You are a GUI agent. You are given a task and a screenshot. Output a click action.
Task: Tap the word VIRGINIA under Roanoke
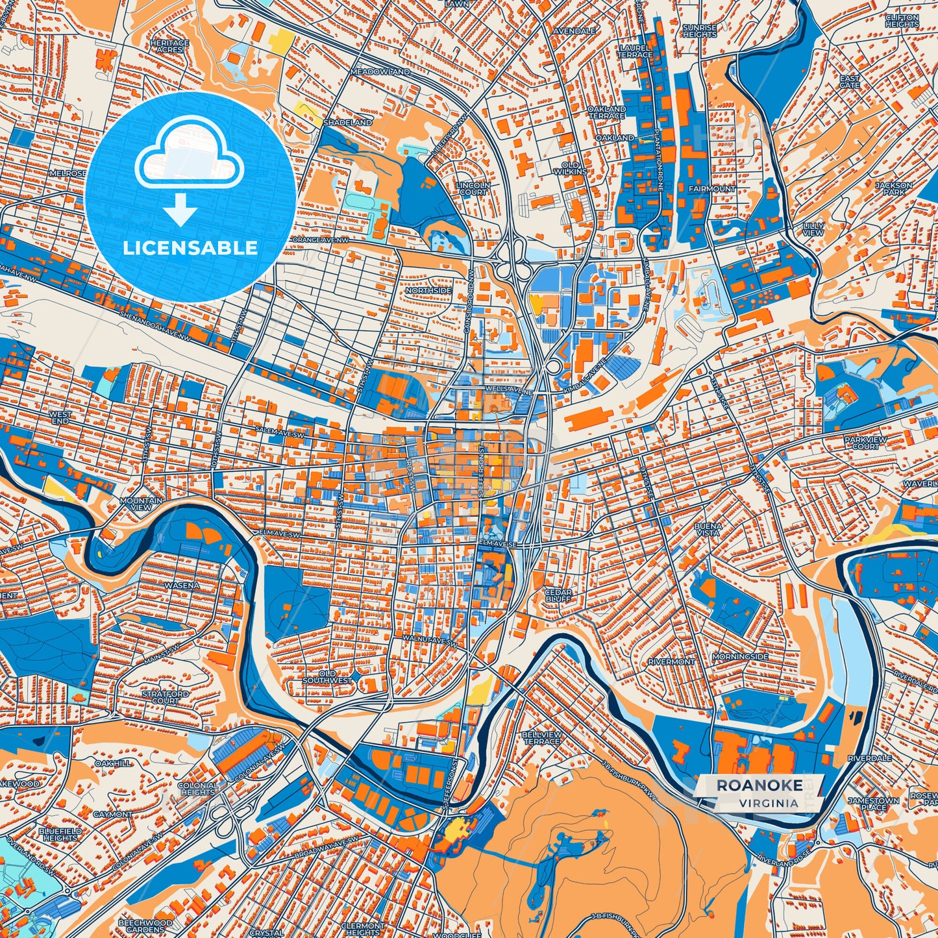pos(768,803)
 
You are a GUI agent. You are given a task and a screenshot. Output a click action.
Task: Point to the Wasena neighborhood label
pos(182,586)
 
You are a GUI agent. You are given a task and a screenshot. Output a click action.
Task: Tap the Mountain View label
pos(141,504)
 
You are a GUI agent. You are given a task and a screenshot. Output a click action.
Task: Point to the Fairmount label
pos(712,189)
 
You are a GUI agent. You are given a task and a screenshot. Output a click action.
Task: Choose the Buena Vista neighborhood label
pos(708,528)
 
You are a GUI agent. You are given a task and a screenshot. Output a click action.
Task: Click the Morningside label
pos(740,657)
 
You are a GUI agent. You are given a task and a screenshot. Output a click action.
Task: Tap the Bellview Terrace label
pos(541,737)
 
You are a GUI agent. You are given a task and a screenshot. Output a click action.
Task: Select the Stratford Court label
pos(165,697)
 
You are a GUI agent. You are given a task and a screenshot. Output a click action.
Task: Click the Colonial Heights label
pos(198,789)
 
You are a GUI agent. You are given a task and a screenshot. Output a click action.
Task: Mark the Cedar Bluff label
pos(558,596)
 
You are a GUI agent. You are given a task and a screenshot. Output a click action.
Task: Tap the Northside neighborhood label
pos(428,290)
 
